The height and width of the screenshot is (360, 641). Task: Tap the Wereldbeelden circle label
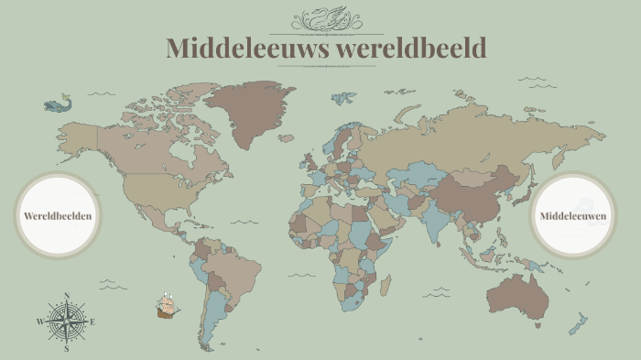tap(58, 215)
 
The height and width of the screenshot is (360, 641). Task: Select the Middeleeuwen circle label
tap(573, 215)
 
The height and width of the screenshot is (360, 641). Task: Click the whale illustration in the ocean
tap(58, 104)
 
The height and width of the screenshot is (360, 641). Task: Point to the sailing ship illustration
tap(167, 306)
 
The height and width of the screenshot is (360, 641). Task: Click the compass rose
tap(66, 322)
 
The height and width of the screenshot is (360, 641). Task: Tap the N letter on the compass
tap(66, 296)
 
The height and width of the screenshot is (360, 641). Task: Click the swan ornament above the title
tap(325, 19)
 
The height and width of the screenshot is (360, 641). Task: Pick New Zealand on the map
tap(578, 323)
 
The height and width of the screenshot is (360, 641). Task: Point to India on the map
tap(430, 214)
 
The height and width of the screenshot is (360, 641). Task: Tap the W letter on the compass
tap(39, 322)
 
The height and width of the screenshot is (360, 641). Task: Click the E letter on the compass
tap(92, 322)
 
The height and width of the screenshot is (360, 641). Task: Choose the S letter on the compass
tap(66, 349)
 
